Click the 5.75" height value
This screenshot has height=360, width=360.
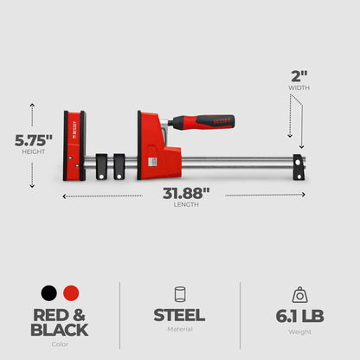click(33, 138)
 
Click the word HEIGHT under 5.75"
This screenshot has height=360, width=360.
click(32, 151)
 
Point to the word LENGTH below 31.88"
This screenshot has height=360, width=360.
click(187, 205)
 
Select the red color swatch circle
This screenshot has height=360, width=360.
click(71, 293)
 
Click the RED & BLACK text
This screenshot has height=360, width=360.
click(59, 322)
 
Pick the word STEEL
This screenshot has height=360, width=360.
click(179, 316)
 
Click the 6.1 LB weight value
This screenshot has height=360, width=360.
click(300, 316)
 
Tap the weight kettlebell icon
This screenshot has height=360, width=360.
click(300, 293)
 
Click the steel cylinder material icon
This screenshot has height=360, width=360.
click(179, 293)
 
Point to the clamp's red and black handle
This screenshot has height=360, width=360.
click(208, 122)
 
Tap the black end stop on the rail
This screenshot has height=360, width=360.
click(299, 167)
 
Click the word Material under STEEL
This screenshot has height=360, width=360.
click(179, 329)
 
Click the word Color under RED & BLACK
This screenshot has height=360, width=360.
click(59, 343)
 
